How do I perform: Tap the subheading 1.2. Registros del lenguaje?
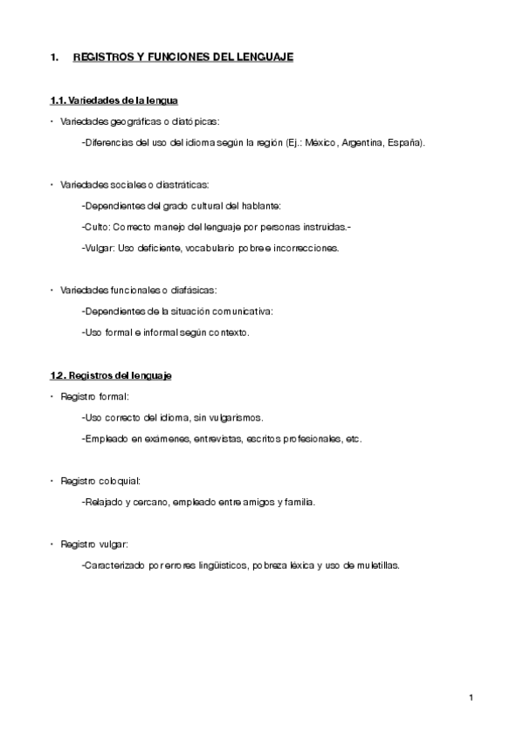[111, 375]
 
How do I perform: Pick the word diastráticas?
[184, 185]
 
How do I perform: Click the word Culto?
[95, 227]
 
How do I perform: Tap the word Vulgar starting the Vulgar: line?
[98, 248]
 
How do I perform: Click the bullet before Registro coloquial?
[52, 481]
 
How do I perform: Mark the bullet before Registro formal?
[52, 396]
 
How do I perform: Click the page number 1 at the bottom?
[470, 697]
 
